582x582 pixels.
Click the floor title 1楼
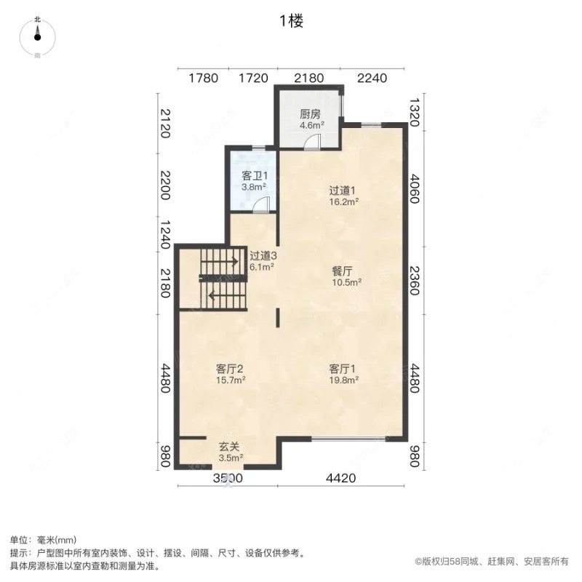coord(290,21)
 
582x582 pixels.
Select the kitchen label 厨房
coord(311,114)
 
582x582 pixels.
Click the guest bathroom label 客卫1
coord(253,175)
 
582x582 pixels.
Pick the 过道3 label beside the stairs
coord(263,255)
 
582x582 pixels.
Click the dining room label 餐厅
coord(346,270)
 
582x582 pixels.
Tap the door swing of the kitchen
coord(312,142)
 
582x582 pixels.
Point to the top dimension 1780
coord(203,78)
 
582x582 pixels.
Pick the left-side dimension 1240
coord(165,234)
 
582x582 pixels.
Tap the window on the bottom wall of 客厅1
coord(348,438)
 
